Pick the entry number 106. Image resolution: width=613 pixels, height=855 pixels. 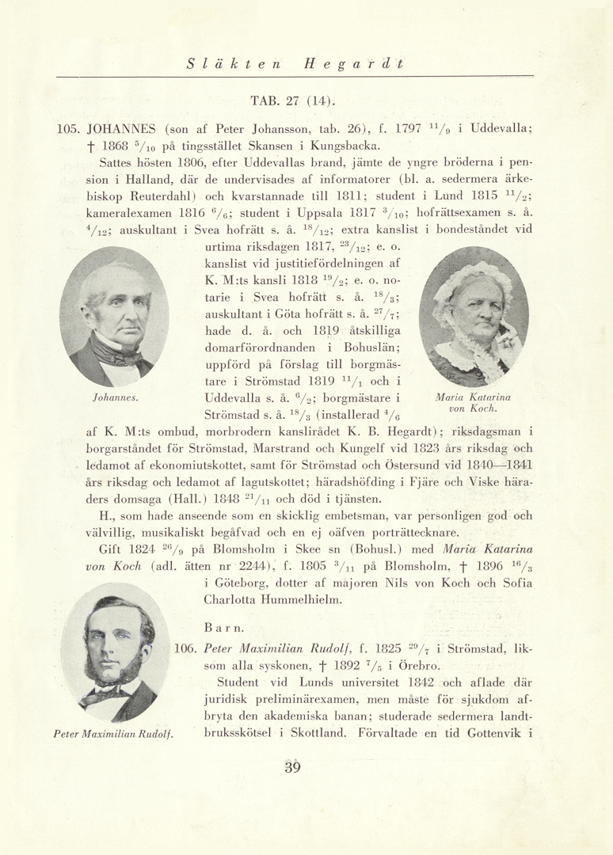(x=185, y=648)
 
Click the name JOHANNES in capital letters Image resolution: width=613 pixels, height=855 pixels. (x=122, y=129)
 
